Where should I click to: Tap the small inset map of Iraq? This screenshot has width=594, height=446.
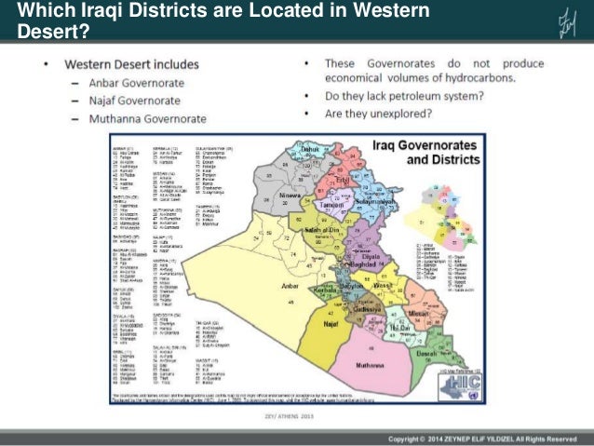point(441,204)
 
